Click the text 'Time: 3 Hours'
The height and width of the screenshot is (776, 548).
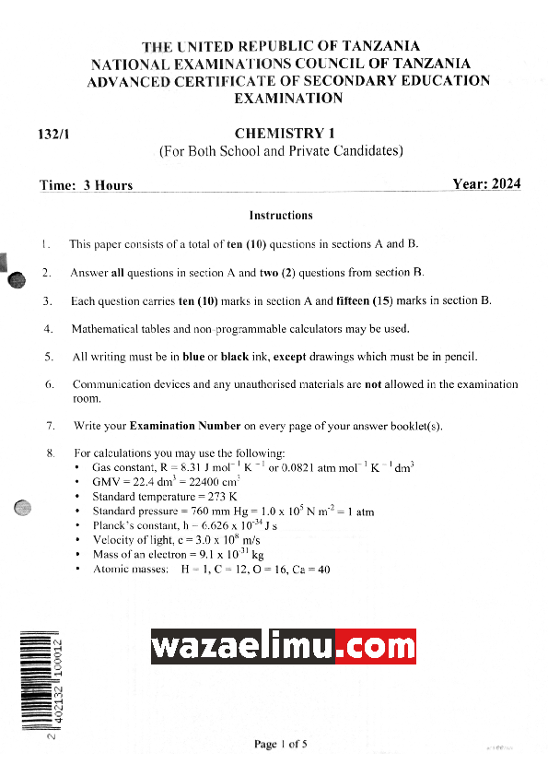coord(87,185)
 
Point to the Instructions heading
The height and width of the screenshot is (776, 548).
coord(281,216)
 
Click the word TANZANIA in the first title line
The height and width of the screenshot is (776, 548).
coord(380,46)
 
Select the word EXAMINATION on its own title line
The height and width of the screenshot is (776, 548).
coord(288,98)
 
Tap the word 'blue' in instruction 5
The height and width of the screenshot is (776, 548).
coord(193,357)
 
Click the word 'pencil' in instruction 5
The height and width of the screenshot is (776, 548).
coord(461,357)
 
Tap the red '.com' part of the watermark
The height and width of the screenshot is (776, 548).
coord(375,646)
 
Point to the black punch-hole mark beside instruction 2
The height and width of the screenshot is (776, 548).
coord(17,281)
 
